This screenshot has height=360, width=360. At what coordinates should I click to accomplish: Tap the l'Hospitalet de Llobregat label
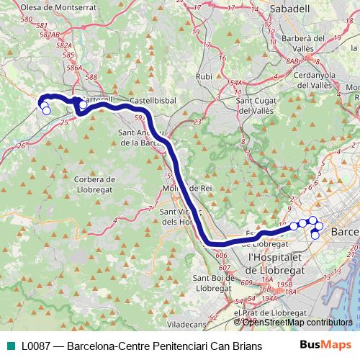pos(277,263)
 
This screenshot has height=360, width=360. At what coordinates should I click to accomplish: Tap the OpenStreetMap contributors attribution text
pos(297,322)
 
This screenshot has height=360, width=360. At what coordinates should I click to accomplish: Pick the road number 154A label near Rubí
pos(232,84)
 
